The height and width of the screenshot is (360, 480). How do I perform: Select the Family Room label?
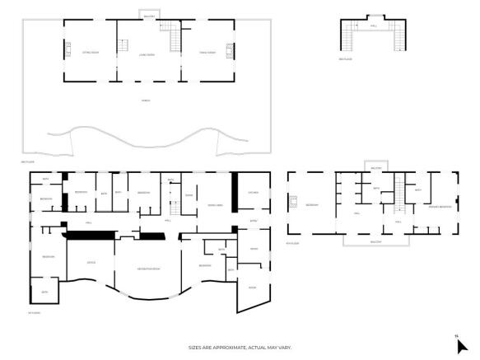207,52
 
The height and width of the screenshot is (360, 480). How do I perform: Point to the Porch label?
146,100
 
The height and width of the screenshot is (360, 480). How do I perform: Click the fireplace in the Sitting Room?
68,47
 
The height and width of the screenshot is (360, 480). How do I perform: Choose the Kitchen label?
253,193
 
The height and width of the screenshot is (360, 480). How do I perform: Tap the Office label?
91,263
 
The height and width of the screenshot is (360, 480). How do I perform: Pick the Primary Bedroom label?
440,206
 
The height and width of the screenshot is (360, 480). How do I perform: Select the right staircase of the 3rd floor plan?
401,37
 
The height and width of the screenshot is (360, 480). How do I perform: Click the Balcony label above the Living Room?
149,15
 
